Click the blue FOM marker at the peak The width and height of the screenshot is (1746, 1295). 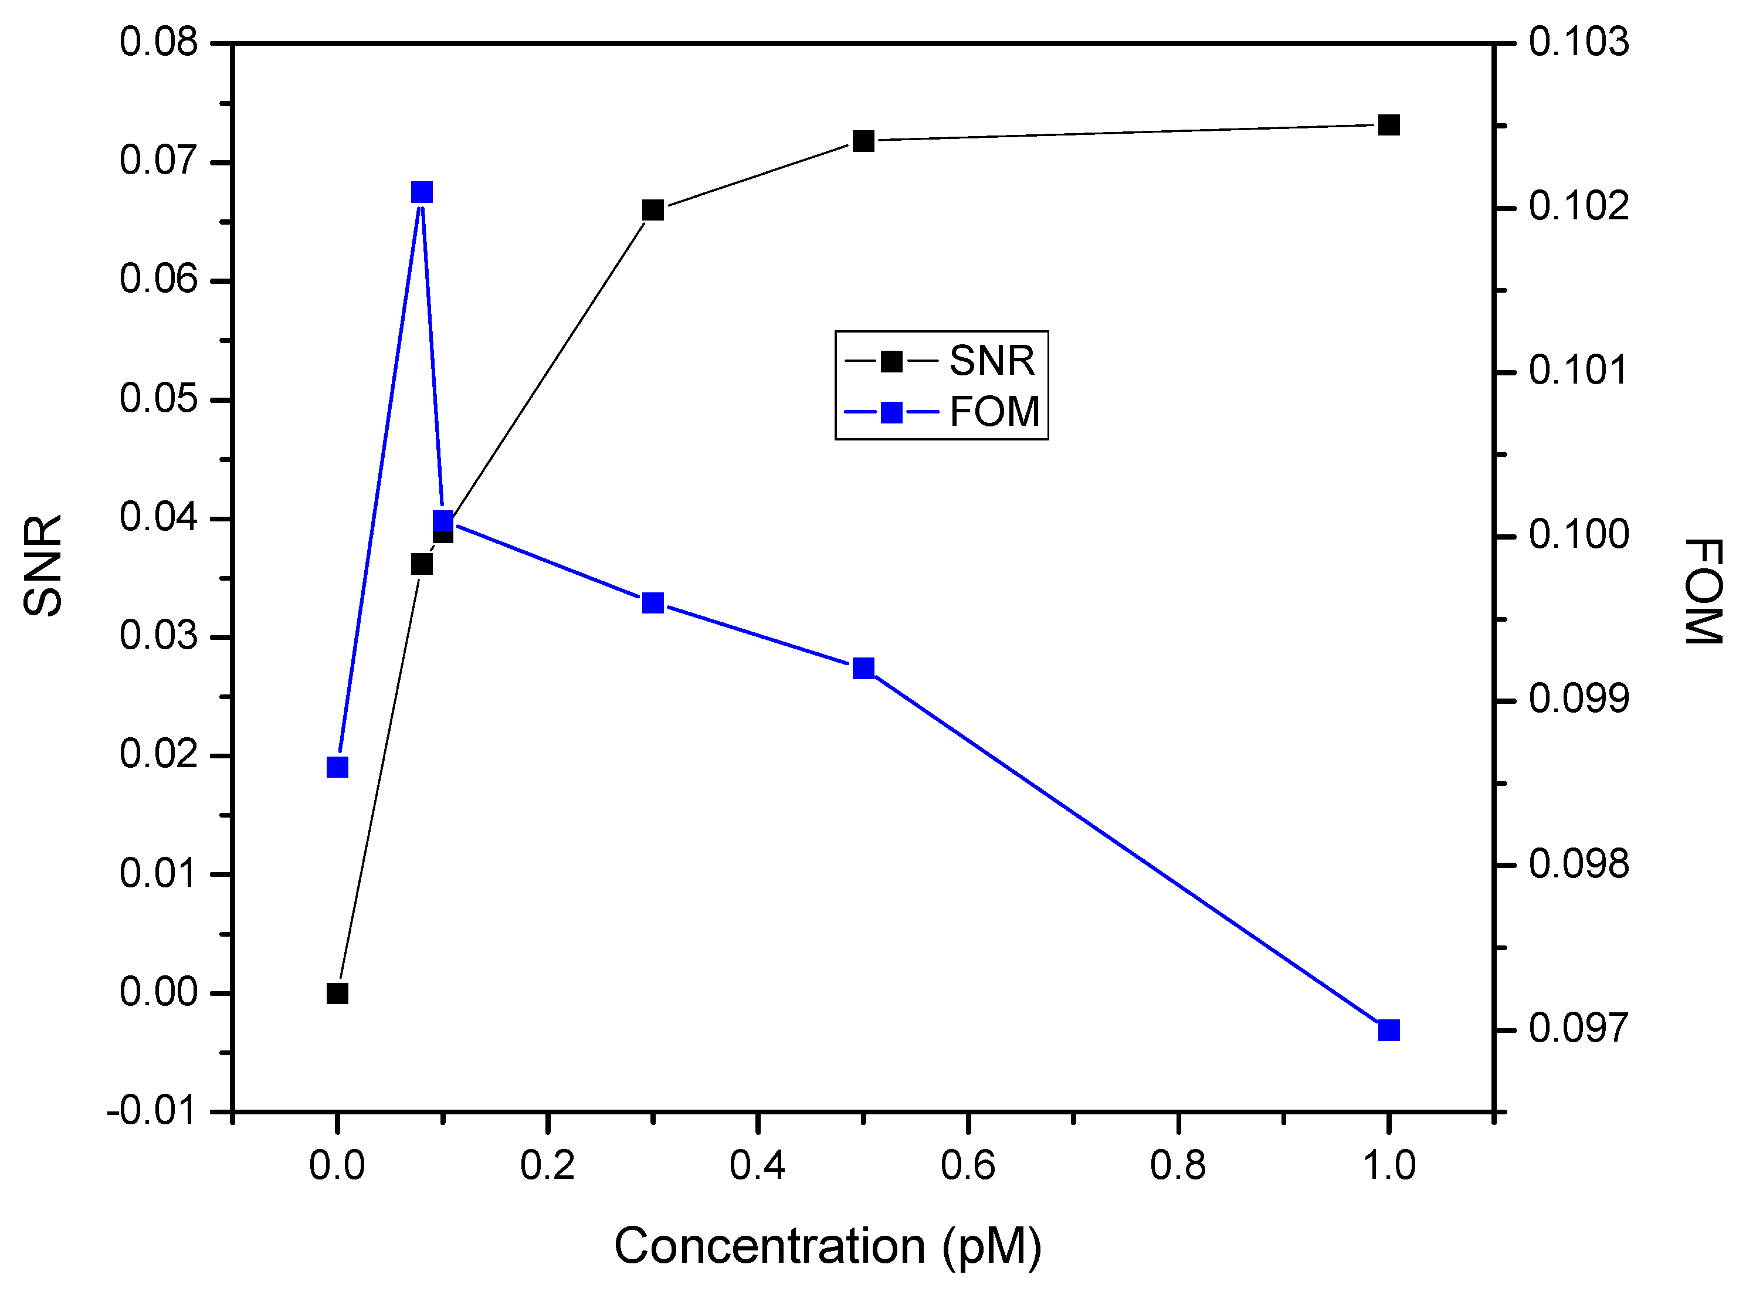(x=422, y=192)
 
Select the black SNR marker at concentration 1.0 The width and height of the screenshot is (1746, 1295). (x=1389, y=125)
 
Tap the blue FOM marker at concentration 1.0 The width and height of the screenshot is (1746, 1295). (x=1389, y=1029)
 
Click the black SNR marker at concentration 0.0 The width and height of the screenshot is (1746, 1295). (x=337, y=993)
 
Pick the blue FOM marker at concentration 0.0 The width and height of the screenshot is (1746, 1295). (x=337, y=767)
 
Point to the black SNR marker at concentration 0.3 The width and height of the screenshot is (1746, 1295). (x=653, y=210)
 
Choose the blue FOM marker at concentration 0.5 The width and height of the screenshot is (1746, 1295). (x=863, y=668)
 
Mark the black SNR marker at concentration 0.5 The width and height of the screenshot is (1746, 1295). (x=863, y=141)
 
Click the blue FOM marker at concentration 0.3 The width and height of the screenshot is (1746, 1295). (x=653, y=603)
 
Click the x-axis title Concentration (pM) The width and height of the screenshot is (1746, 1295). (x=828, y=1246)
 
